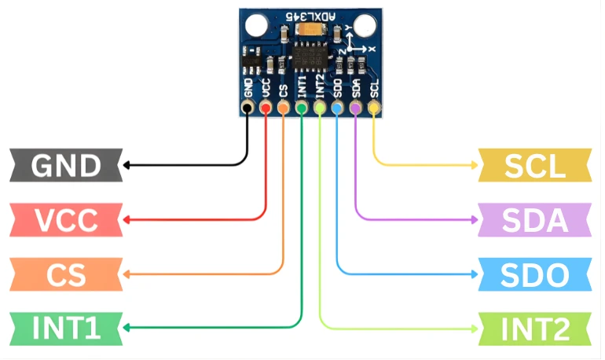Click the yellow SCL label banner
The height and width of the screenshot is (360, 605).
pyautogui.click(x=535, y=165)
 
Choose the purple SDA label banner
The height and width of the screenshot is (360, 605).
pyautogui.click(x=535, y=219)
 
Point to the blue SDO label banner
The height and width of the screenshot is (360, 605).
pyautogui.click(x=535, y=274)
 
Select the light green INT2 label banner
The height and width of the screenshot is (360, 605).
pyautogui.click(x=535, y=328)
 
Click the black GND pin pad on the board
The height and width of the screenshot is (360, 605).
pyautogui.click(x=247, y=108)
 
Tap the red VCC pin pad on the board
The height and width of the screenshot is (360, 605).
pyautogui.click(x=266, y=108)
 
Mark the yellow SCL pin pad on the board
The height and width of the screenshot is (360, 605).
pyautogui.click(x=373, y=108)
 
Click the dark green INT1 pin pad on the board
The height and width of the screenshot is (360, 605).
pyautogui.click(x=302, y=108)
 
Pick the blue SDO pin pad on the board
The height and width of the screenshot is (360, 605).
pyautogui.click(x=337, y=108)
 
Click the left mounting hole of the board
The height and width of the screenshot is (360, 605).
pyautogui.click(x=255, y=26)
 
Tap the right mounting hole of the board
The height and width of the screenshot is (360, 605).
pyautogui.click(x=365, y=26)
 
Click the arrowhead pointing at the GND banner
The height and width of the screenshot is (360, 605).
pyautogui.click(x=125, y=165)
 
